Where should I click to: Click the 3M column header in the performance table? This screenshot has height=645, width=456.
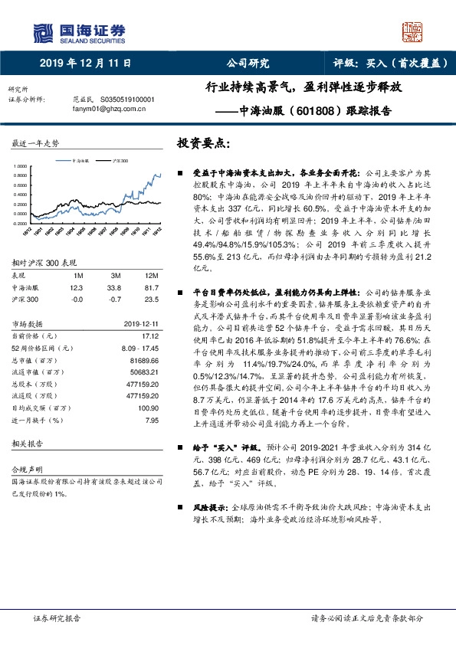click(115, 274)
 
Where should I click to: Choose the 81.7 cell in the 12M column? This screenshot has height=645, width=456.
click(151, 287)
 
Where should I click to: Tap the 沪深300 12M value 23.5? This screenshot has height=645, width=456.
click(151, 300)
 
